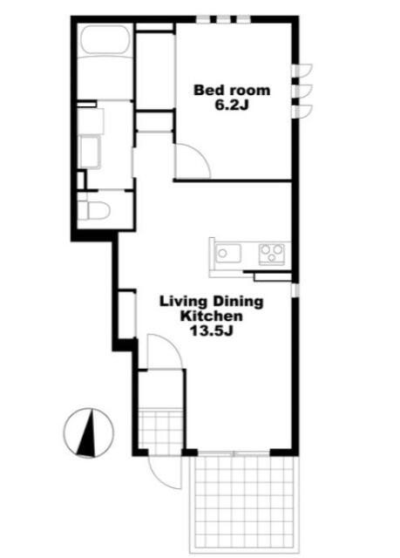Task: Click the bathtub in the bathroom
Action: [x=105, y=40]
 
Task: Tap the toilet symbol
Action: [x=93, y=210]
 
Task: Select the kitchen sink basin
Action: [x=228, y=254]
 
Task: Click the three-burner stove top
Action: [x=272, y=254]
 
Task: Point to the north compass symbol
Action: [x=89, y=432]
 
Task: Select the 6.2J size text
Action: [x=232, y=105]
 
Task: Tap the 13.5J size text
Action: [x=212, y=331]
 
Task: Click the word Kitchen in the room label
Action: [x=212, y=316]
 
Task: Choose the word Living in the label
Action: [x=184, y=303]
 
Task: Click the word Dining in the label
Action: [x=238, y=302]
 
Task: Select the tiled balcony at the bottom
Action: [x=245, y=505]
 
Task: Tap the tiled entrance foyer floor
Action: [x=160, y=430]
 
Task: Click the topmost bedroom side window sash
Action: [x=302, y=70]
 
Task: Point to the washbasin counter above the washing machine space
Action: [x=91, y=121]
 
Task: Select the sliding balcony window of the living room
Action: [x=234, y=453]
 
